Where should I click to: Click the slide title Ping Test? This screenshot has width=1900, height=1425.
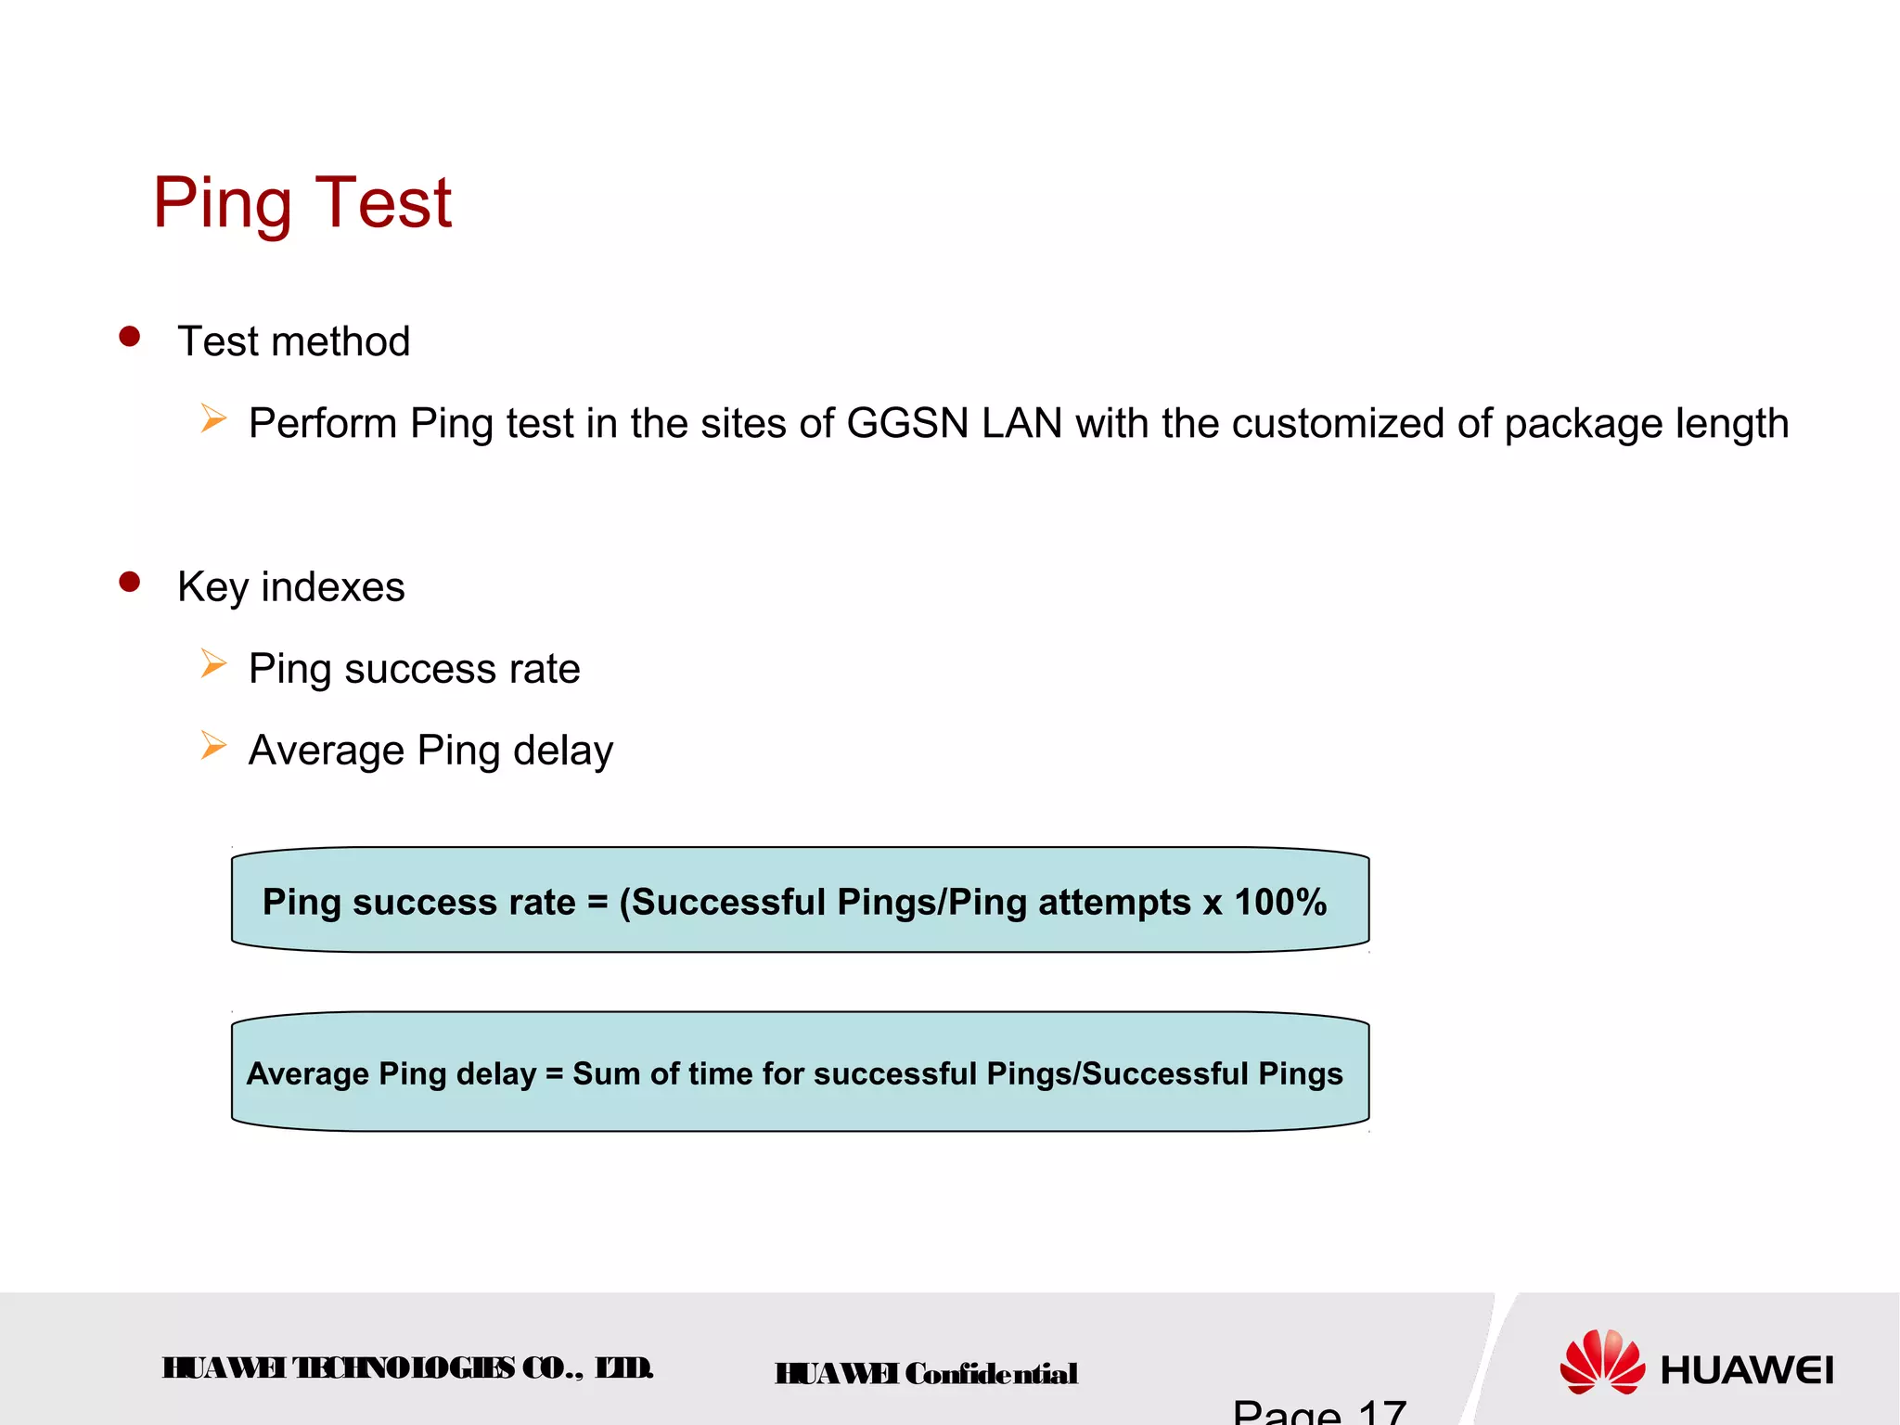[x=302, y=202]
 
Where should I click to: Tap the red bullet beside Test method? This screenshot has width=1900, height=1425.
[x=130, y=337]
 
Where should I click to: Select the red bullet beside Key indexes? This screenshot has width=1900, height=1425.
[x=130, y=583]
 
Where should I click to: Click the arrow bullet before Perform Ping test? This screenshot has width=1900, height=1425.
[x=213, y=419]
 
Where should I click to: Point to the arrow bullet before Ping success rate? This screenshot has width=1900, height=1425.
[x=213, y=664]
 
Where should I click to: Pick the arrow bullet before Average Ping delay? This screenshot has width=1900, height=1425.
[x=213, y=746]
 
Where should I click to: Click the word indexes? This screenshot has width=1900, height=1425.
[x=333, y=587]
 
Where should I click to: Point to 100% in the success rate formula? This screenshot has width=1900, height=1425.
[x=1280, y=902]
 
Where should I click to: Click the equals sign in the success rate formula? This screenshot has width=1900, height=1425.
[x=597, y=903]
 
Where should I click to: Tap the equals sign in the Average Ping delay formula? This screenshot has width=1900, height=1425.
[x=555, y=1074]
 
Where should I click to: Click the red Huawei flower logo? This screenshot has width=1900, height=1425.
[x=1602, y=1362]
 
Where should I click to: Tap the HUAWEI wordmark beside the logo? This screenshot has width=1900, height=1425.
[x=1747, y=1370]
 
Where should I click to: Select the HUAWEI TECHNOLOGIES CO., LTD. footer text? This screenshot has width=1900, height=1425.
[x=408, y=1368]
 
